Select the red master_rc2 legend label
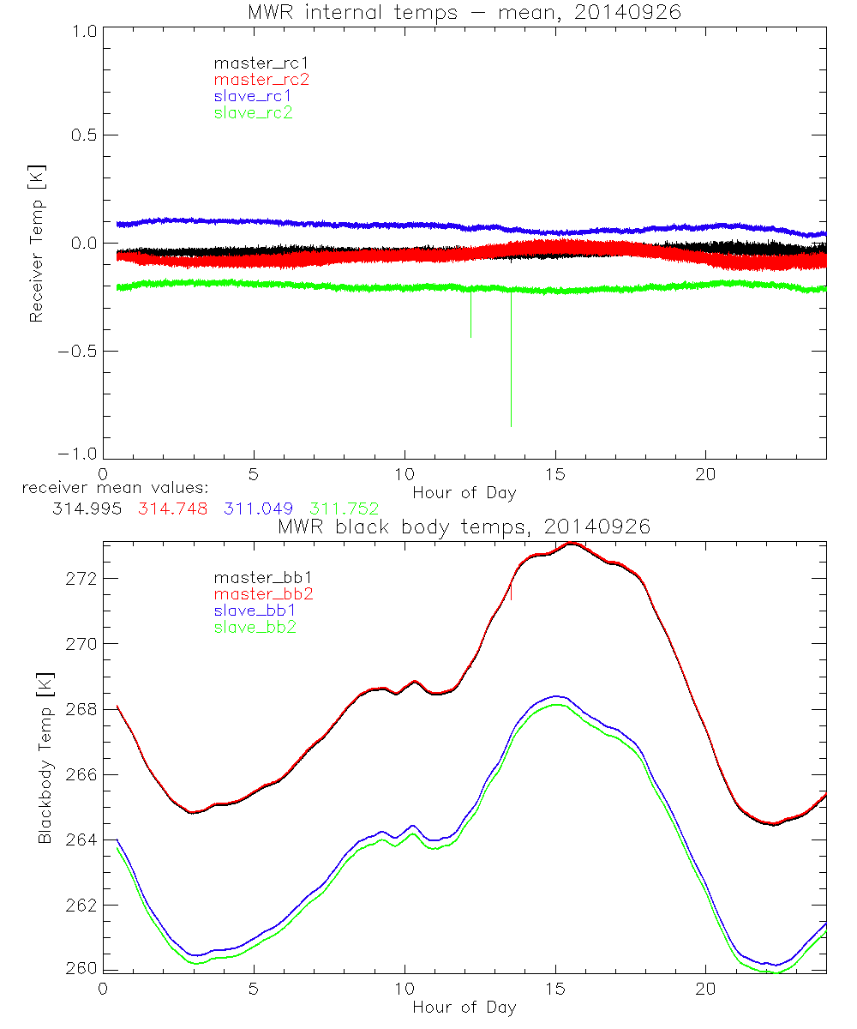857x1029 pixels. tap(261, 79)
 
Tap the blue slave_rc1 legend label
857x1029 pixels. tap(253, 95)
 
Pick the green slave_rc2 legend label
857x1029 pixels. tap(253, 111)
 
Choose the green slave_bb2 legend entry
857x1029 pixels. tap(256, 628)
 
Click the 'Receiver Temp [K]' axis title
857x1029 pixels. tap(36, 245)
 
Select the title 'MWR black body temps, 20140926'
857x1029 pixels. tap(464, 527)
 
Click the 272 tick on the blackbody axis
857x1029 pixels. tap(81, 579)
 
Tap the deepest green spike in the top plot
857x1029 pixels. tap(512, 424)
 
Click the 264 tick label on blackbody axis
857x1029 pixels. tap(81, 839)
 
